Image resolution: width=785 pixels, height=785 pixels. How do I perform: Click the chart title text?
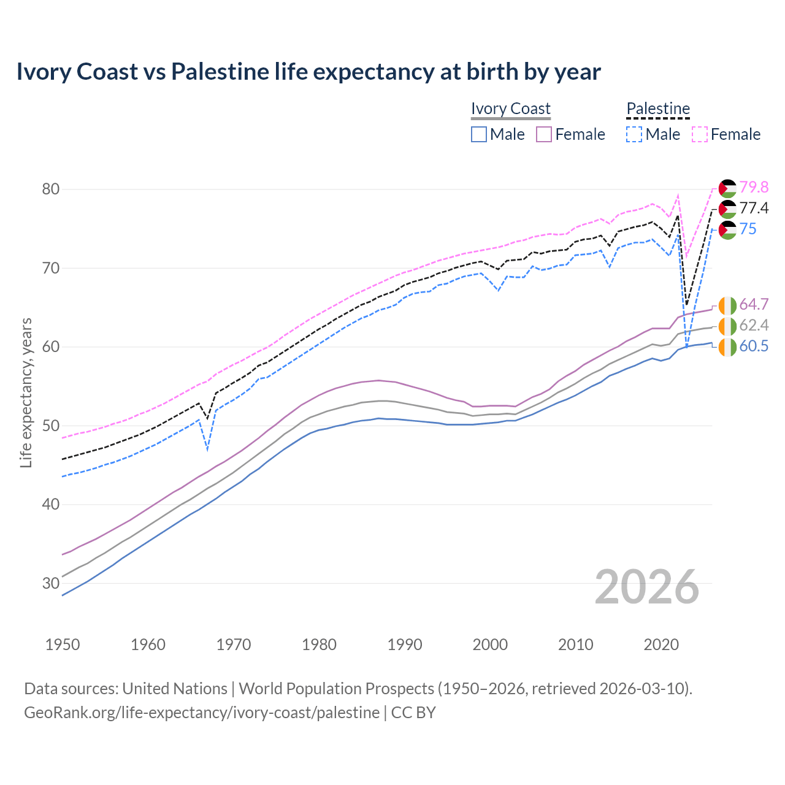point(308,72)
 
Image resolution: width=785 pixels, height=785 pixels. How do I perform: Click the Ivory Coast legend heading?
point(511,109)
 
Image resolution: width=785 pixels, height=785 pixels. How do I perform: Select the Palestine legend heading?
point(658,109)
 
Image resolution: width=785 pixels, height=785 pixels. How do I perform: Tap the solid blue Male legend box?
point(479,134)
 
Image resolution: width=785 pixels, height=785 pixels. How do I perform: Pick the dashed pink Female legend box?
point(700,134)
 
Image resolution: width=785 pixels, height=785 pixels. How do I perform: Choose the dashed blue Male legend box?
point(634,134)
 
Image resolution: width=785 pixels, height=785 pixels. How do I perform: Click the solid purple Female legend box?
point(544,134)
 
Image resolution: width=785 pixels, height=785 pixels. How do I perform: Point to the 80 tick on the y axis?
point(51,189)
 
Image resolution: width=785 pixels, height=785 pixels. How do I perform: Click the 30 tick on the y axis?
point(51,583)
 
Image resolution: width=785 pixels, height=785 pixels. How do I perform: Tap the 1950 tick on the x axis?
point(63,645)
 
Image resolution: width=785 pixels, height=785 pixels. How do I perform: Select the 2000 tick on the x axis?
point(491,645)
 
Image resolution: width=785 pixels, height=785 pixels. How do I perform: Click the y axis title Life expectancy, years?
point(26,392)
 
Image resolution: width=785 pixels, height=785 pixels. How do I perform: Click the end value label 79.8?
point(754,187)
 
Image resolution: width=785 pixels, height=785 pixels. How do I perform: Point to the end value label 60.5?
point(754,346)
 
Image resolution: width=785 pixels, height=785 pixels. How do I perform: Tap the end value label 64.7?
point(754,304)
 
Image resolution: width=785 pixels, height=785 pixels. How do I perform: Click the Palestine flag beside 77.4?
point(727,209)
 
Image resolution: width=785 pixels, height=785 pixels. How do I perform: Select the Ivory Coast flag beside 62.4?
point(727,326)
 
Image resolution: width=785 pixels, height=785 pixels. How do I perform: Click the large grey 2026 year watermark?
point(647,587)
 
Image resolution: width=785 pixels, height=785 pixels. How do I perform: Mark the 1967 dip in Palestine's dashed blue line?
point(208,450)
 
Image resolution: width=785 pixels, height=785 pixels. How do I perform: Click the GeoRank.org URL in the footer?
point(202,713)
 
